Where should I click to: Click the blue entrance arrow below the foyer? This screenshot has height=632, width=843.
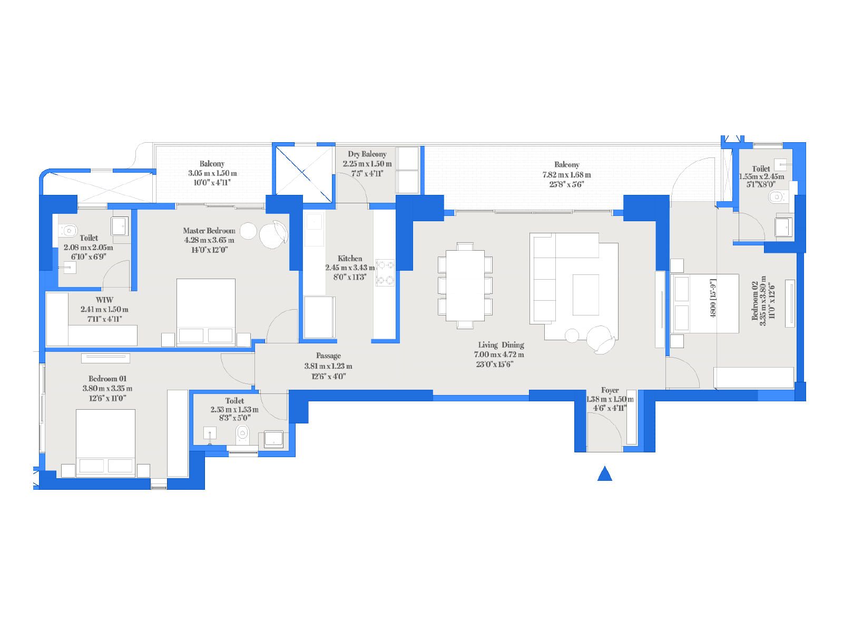tap(604, 474)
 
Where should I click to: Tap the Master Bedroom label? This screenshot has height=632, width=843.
tap(209, 231)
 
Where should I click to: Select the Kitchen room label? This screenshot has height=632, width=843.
tap(349, 258)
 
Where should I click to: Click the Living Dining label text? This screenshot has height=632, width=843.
tap(501, 344)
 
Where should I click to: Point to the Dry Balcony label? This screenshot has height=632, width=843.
tap(367, 154)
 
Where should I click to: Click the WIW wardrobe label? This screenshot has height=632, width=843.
tap(104, 300)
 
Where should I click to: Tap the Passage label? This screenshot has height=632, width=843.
tap(328, 356)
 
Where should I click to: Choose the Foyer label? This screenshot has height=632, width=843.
tap(610, 390)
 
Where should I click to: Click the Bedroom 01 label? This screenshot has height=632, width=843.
tap(107, 378)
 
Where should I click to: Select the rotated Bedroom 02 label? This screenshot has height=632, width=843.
tap(755, 300)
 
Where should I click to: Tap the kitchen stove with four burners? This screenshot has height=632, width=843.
tap(385, 273)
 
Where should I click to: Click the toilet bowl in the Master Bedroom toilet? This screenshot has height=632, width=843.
tap(67, 231)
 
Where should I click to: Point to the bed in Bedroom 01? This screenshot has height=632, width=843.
tap(105, 443)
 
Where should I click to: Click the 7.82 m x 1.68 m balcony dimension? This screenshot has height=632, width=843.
tap(566, 175)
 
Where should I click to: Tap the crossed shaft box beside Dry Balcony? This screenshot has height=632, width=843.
tap(304, 175)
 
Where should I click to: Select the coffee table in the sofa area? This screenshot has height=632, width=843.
tap(586, 295)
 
